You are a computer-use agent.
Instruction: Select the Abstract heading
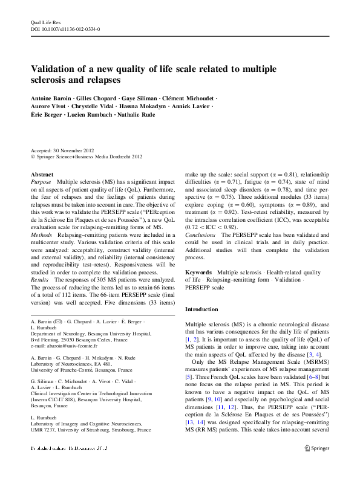tap(42, 174)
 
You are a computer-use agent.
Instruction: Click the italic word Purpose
tap(41, 182)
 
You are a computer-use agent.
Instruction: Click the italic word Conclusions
tap(200, 234)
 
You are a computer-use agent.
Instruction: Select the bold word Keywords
tap(198, 273)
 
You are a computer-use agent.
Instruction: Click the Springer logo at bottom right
tap(316, 465)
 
